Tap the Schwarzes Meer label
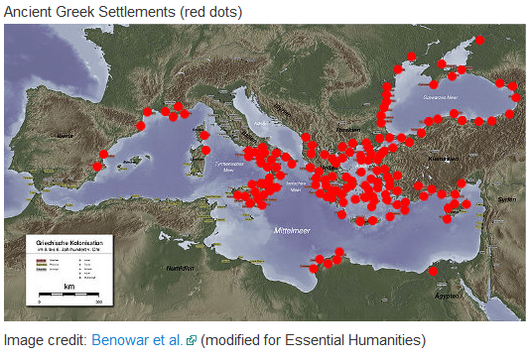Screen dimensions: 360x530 [x=441, y=97]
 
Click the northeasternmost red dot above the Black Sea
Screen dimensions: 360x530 [x=479, y=41]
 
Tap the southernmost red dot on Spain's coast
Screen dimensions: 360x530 [x=96, y=167]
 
